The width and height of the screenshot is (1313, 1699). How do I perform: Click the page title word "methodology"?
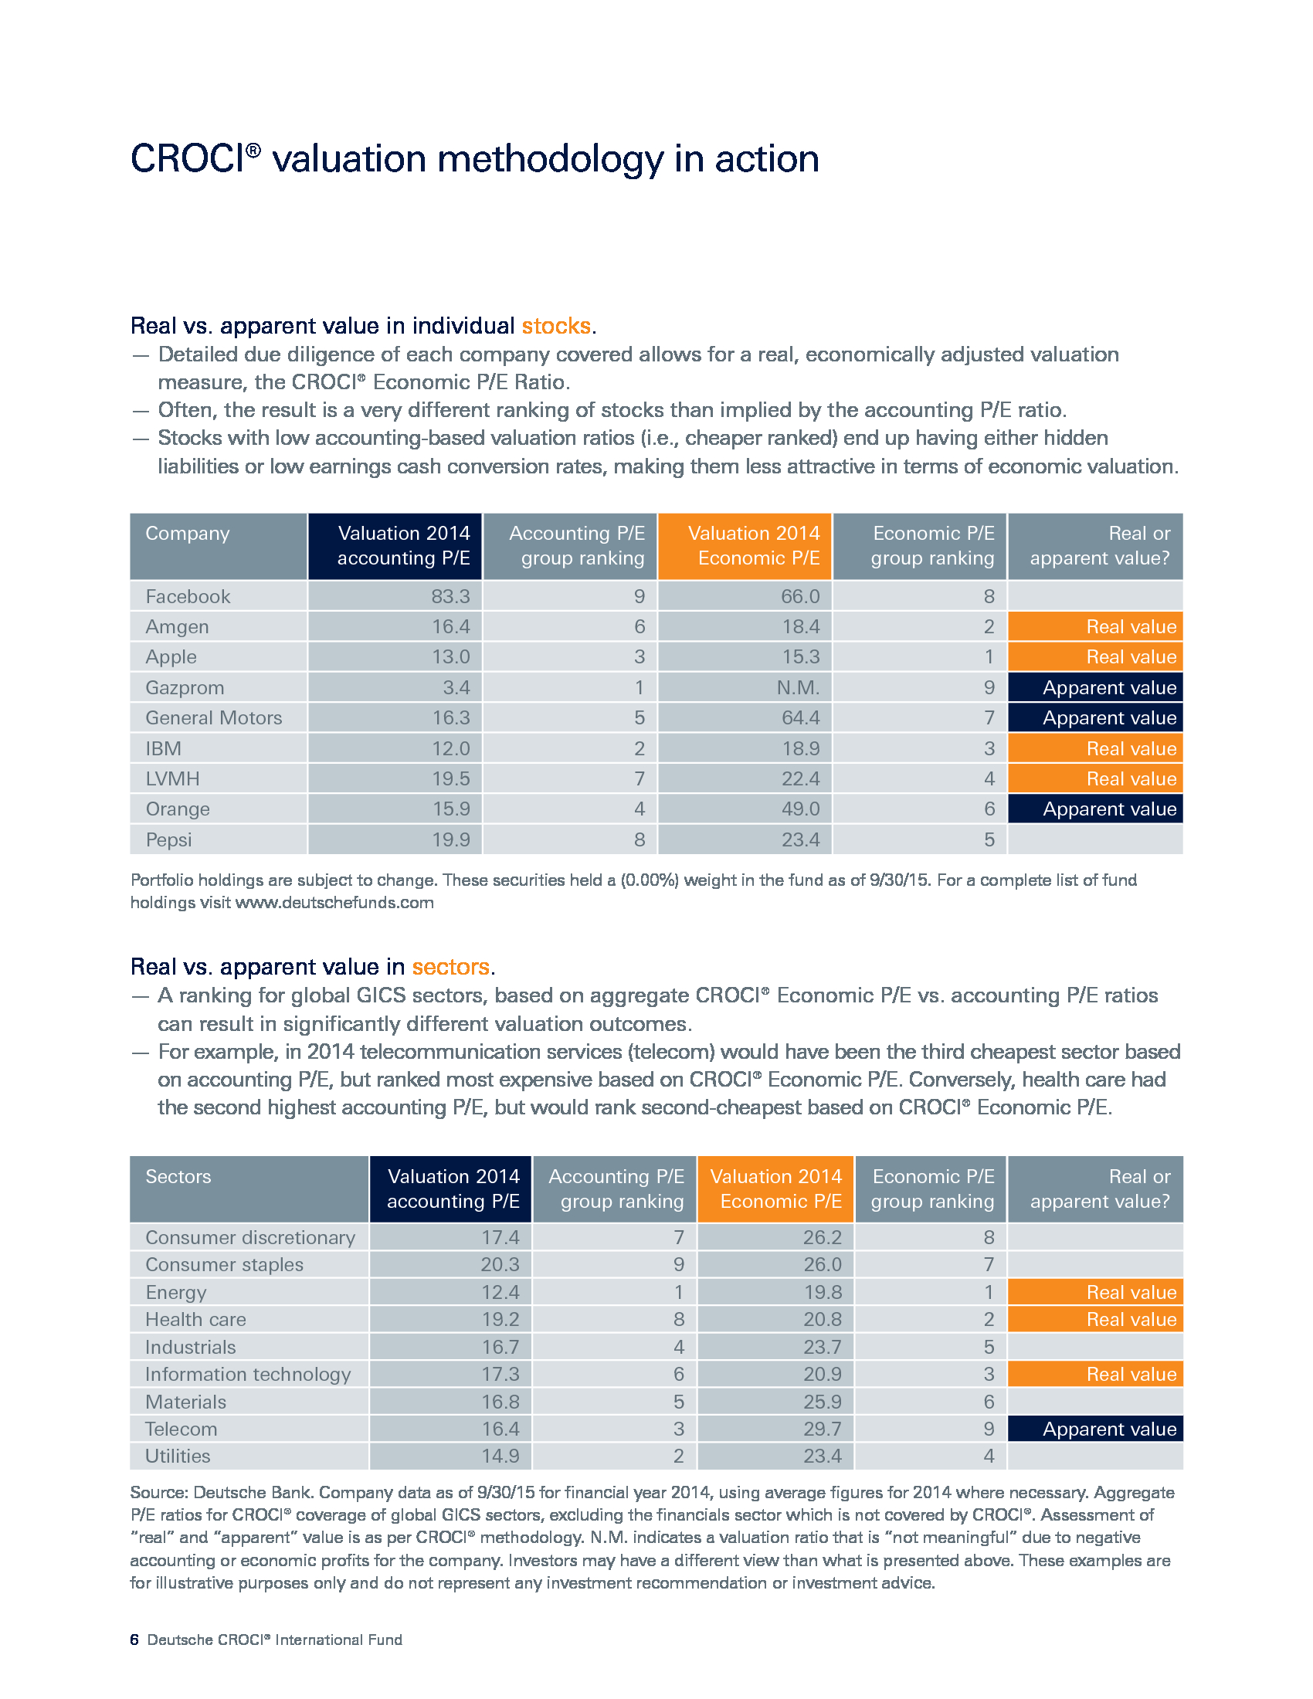click(x=550, y=161)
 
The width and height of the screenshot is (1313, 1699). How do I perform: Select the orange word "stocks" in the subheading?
click(x=555, y=325)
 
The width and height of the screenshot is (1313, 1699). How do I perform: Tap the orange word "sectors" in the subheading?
click(x=450, y=966)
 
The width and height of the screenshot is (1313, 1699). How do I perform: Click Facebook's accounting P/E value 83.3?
click(x=450, y=597)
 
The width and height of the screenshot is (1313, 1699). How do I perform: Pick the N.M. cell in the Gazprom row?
click(x=798, y=687)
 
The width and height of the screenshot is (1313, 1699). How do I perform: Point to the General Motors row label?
click(x=214, y=718)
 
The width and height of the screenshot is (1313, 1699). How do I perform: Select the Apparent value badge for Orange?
click(x=1095, y=809)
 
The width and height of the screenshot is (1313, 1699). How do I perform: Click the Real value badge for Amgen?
click(x=1095, y=627)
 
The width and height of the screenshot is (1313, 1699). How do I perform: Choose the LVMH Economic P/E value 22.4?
click(x=800, y=778)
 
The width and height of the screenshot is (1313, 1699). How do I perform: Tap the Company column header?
click(x=188, y=534)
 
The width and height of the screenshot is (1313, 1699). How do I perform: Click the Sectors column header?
click(x=178, y=1176)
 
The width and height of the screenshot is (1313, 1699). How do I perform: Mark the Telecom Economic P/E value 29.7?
click(x=823, y=1429)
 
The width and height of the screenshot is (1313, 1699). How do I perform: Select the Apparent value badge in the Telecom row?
click(x=1095, y=1429)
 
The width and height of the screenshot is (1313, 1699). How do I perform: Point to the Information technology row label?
click(x=248, y=1375)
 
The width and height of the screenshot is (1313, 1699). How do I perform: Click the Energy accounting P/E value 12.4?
click(x=500, y=1292)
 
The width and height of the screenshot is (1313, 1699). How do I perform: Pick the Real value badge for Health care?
click(x=1095, y=1319)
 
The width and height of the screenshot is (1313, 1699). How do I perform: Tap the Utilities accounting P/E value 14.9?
click(x=500, y=1457)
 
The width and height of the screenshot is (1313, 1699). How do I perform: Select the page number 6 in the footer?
click(x=134, y=1640)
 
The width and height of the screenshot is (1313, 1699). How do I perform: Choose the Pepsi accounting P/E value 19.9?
click(x=451, y=839)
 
